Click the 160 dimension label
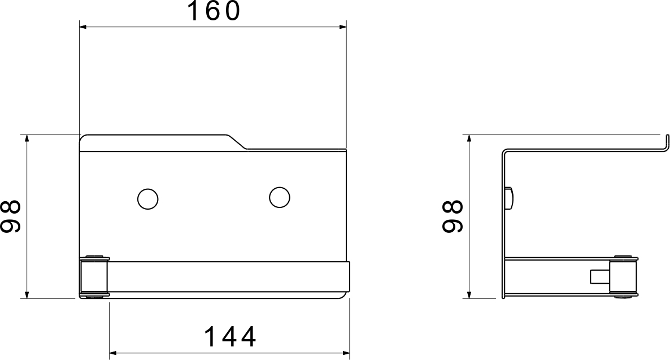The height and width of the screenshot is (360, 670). point(214,11)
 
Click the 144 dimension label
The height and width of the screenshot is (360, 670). point(230,336)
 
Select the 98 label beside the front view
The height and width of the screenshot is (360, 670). point(11,216)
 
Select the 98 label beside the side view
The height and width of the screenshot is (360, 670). point(453,216)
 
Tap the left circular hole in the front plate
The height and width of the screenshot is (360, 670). point(148,199)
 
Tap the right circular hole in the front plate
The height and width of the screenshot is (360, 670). point(280,197)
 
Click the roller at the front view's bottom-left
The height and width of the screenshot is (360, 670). point(94,276)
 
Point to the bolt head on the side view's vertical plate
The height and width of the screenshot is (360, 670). point(510,198)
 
